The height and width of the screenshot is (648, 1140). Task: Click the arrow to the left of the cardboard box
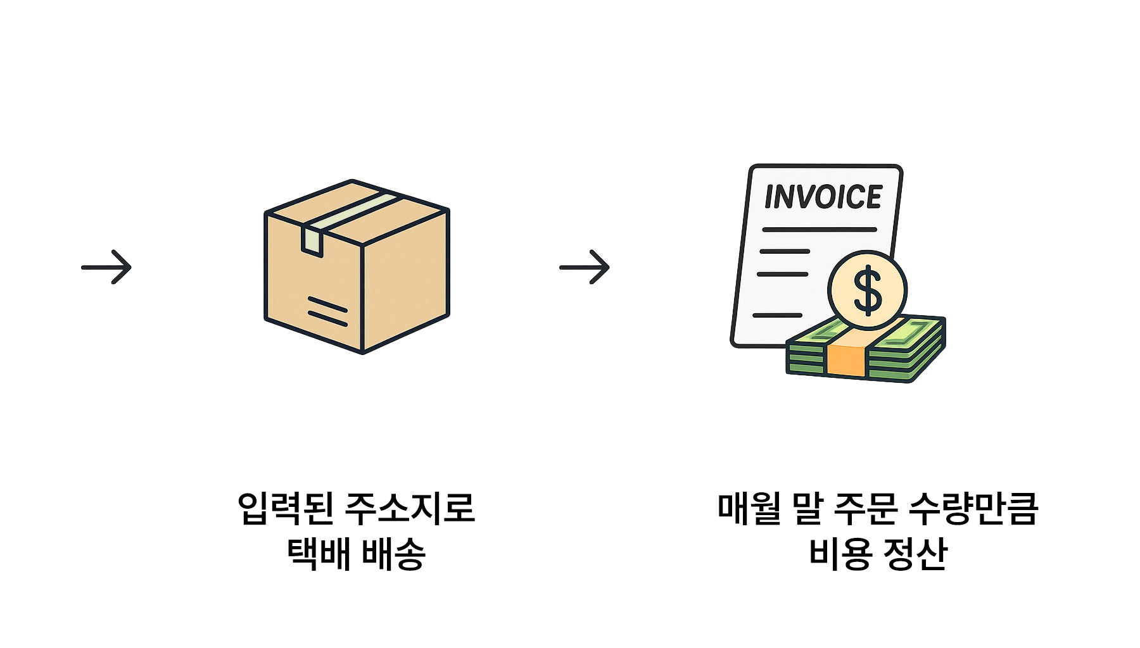click(106, 267)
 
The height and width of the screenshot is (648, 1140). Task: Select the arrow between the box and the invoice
click(585, 267)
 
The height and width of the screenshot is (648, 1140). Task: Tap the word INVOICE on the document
click(823, 197)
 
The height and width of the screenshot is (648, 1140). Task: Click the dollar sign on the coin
click(867, 290)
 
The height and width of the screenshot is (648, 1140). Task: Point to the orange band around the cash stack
click(846, 361)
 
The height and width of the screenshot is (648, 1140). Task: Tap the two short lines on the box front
click(327, 311)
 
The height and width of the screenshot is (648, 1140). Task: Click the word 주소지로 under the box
click(410, 508)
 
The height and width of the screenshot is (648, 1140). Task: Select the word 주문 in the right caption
click(865, 508)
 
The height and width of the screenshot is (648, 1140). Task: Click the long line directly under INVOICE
click(820, 229)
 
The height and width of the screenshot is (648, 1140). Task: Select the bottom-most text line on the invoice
click(777, 315)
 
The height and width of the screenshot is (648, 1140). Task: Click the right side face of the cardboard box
click(405, 281)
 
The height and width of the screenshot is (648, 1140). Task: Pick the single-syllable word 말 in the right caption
click(807, 508)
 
